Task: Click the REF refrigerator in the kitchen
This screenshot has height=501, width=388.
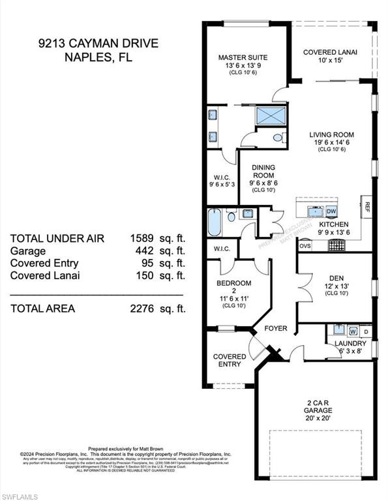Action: pos(367,208)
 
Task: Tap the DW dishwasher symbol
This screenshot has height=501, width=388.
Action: pos(331,211)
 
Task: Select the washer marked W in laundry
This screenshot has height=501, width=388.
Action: pos(353,331)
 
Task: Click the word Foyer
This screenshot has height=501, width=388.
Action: pos(275,328)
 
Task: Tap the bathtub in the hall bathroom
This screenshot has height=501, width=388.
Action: pos(215,222)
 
